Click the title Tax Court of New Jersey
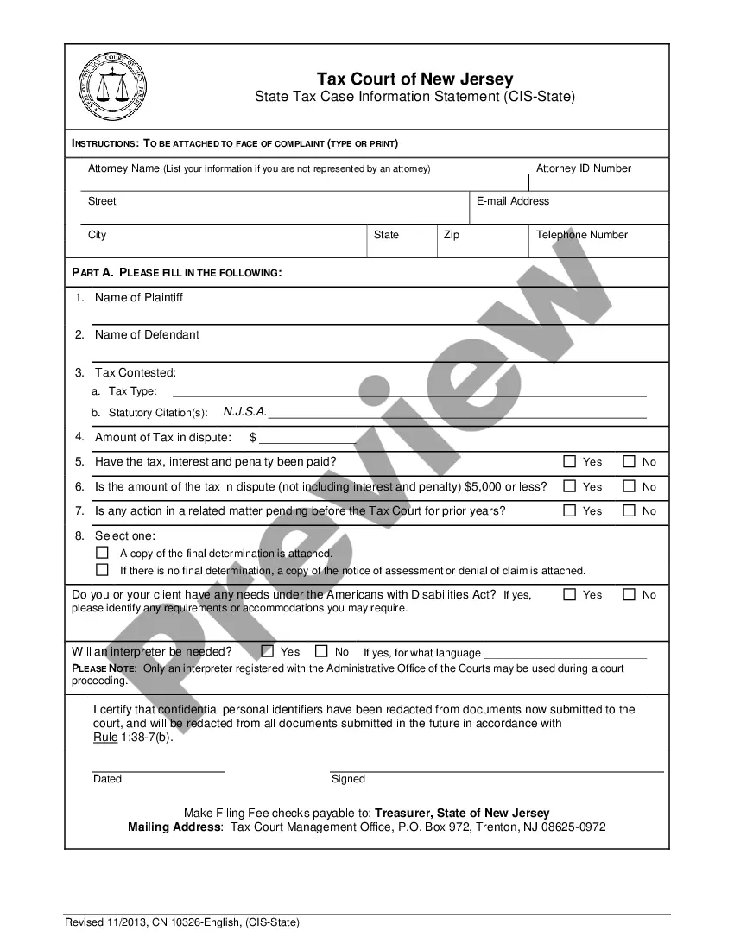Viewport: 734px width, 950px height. [x=414, y=79]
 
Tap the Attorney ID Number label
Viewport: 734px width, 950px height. [x=583, y=168]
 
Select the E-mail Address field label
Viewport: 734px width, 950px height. [x=513, y=201]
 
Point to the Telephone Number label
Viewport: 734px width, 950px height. [x=581, y=235]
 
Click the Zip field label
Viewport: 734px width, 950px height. [x=452, y=235]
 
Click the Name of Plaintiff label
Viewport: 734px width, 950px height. [x=138, y=297]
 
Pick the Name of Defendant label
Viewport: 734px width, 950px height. [x=147, y=334]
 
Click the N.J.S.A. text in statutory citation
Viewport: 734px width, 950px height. [x=245, y=412]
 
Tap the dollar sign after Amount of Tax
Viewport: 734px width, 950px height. [x=253, y=437]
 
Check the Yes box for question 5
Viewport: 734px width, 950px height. [x=569, y=461]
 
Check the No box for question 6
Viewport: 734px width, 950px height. [x=629, y=486]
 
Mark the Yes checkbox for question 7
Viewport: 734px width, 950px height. [x=569, y=510]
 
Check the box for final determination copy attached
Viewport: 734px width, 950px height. [x=102, y=552]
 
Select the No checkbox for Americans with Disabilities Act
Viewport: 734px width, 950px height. [x=629, y=594]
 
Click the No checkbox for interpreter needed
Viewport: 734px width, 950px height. [x=321, y=651]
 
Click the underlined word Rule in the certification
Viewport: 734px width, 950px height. [x=104, y=738]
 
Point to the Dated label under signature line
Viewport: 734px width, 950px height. [x=107, y=779]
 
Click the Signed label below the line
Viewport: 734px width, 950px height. [x=348, y=779]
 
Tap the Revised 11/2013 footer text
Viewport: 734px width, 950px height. [x=182, y=922]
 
